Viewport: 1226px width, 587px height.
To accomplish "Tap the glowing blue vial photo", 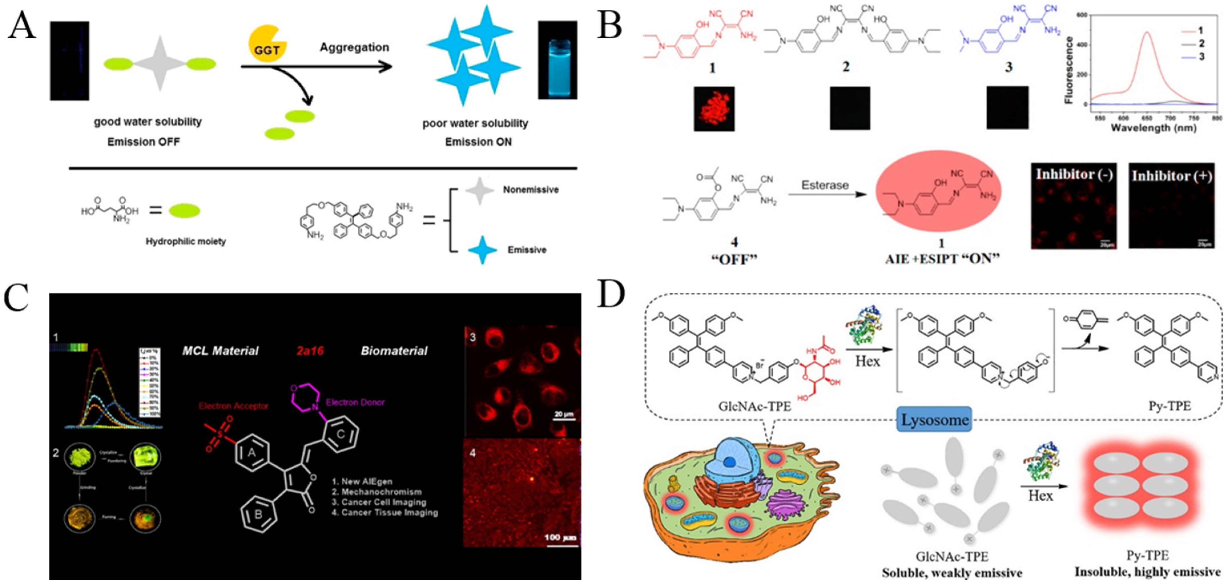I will click(557, 61).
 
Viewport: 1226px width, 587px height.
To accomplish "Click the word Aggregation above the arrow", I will click(354, 47).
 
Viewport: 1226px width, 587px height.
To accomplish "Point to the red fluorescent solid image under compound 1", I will click(714, 108).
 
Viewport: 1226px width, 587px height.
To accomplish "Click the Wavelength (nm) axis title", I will click(1153, 128).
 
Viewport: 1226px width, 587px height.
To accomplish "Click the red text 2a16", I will click(310, 351).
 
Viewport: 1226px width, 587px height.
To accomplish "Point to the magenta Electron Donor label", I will click(355, 402).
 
